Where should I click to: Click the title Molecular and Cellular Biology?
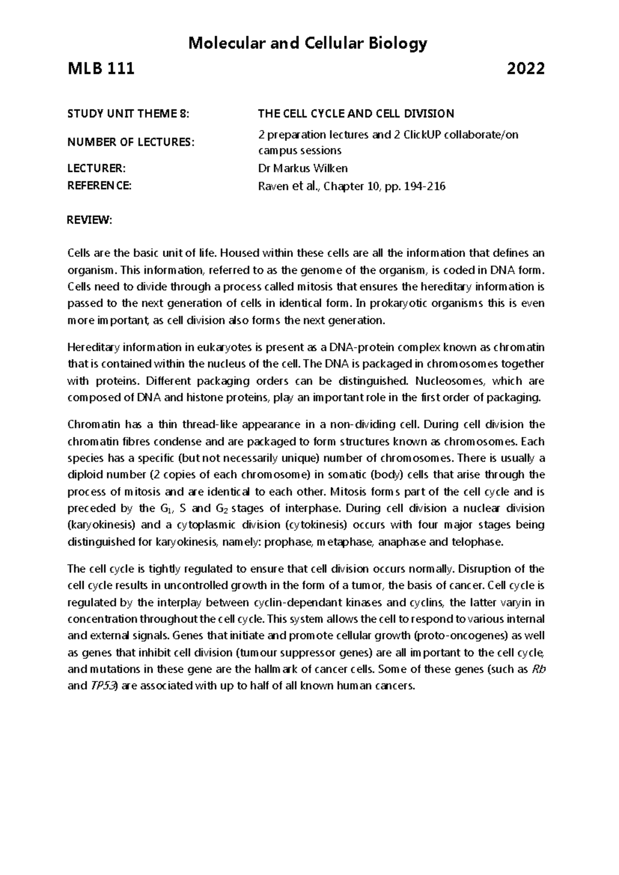click(308, 44)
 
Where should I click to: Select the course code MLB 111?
click(101, 69)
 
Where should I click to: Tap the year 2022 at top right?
click(526, 69)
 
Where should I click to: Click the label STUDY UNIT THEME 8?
click(129, 114)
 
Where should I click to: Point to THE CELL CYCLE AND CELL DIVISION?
click(356, 114)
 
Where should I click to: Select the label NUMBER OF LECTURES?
click(132, 142)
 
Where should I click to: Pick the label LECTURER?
click(96, 168)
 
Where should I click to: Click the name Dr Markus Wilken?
click(303, 168)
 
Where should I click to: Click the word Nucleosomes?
click(450, 381)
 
